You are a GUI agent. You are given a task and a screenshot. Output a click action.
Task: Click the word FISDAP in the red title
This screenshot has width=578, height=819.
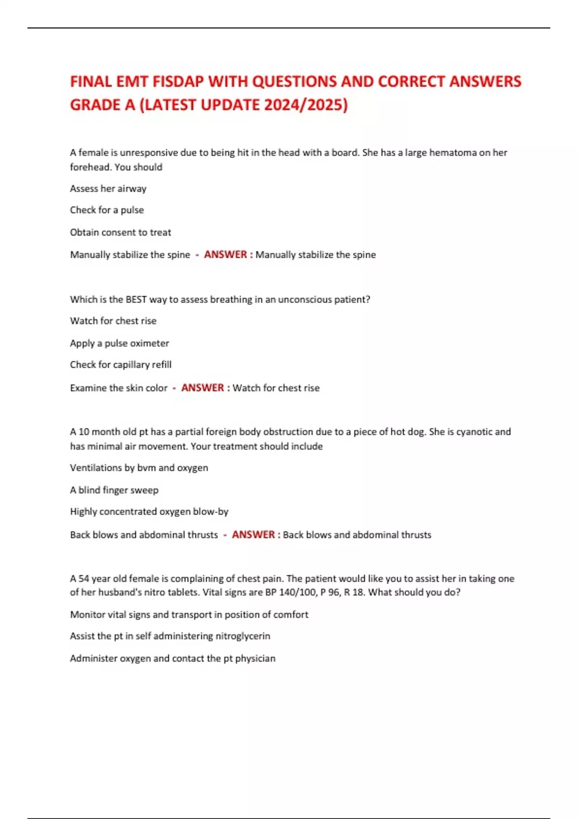click(x=178, y=81)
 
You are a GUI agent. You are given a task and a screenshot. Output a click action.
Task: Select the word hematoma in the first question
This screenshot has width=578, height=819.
click(x=453, y=153)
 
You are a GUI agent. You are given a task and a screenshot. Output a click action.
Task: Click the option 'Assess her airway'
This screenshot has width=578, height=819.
click(x=108, y=189)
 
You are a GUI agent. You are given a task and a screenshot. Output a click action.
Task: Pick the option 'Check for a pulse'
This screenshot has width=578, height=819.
click(x=106, y=210)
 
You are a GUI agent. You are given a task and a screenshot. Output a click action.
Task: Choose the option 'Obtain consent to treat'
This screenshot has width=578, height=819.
click(x=120, y=232)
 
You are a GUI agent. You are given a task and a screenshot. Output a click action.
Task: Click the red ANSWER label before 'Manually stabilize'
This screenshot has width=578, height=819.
click(x=225, y=254)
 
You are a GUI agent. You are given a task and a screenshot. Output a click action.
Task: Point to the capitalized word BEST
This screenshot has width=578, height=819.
click(x=136, y=299)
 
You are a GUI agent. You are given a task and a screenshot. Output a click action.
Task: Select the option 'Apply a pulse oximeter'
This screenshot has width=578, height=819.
click(x=119, y=343)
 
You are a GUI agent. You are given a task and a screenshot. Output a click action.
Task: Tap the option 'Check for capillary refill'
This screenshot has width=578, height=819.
click(x=120, y=365)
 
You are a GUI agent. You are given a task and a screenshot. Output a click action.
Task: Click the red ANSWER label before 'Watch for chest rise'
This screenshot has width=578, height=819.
click(x=203, y=388)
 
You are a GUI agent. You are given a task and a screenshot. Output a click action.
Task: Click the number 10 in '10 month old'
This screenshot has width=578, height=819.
click(x=84, y=432)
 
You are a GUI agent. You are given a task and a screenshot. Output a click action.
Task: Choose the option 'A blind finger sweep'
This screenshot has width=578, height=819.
click(x=114, y=490)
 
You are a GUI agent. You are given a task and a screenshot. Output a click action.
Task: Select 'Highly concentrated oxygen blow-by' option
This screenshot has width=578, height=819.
click(x=149, y=512)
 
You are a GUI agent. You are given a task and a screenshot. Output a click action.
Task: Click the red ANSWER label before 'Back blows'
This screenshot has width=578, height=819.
click(x=253, y=535)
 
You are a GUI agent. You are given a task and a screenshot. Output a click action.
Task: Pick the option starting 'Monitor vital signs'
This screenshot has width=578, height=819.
click(x=189, y=615)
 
